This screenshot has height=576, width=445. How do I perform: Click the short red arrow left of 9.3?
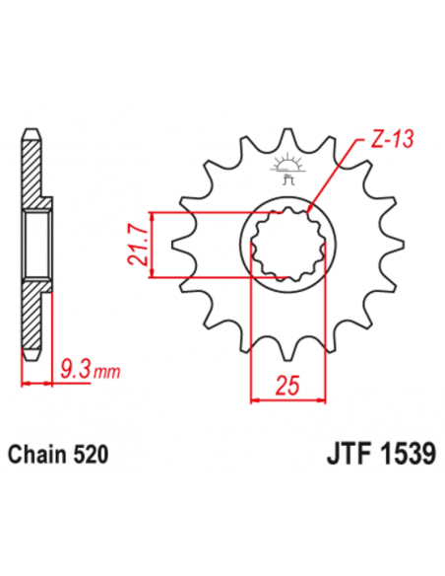[36, 383]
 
